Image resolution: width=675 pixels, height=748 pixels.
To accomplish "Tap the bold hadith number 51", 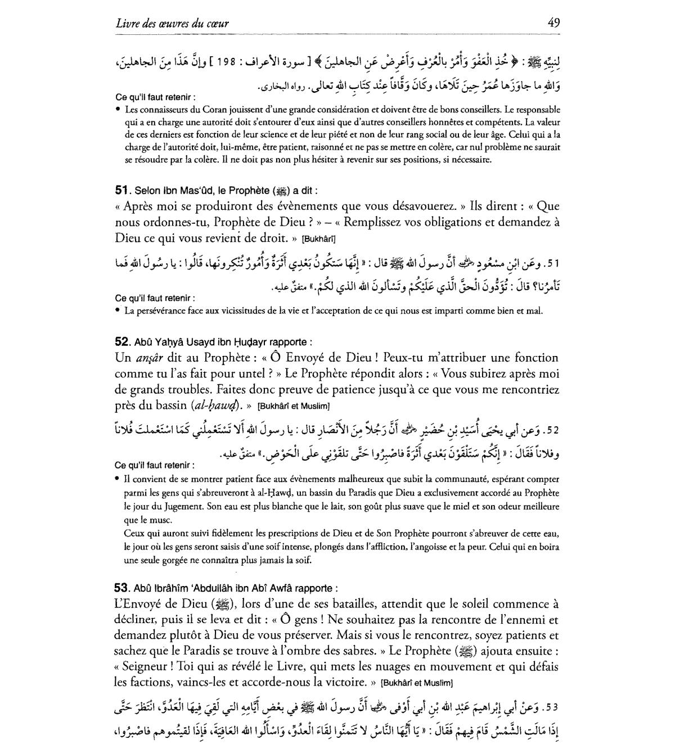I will coord(122,191).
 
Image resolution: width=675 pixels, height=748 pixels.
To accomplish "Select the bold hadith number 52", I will coord(122,341).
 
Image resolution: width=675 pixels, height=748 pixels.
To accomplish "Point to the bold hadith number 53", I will coord(122,588).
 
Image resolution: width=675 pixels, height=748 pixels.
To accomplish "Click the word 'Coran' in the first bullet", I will coord(200,110).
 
